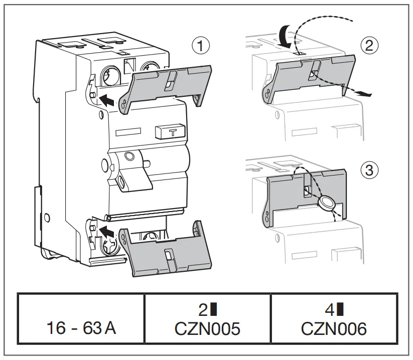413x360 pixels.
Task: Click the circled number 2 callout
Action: point(369,46)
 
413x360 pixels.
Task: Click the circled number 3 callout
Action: point(369,170)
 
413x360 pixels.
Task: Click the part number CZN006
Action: point(334,329)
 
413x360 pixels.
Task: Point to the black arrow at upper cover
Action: point(106,98)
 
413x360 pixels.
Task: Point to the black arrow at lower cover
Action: point(106,232)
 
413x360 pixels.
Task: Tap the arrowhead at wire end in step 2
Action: point(367,93)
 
